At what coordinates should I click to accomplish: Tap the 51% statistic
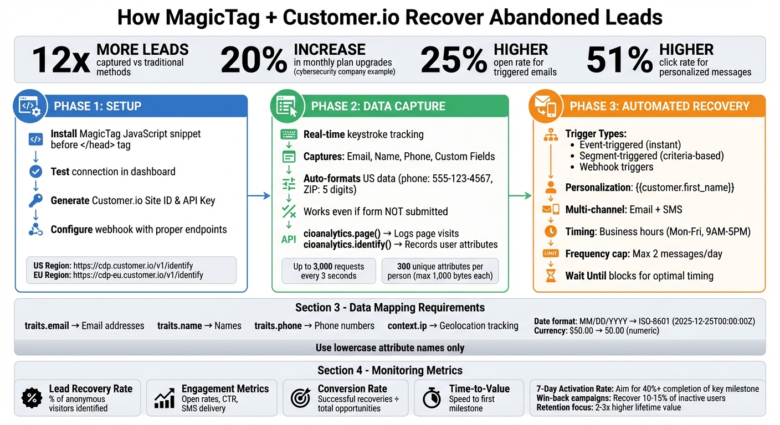619,60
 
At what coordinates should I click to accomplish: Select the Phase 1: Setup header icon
29,106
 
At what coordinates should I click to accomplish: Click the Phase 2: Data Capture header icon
286,106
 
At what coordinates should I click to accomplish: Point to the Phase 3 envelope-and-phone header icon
545,106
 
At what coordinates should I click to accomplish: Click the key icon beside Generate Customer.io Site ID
35,200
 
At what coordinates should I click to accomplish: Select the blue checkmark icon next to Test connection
35,172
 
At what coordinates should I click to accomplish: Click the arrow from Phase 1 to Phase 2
259,195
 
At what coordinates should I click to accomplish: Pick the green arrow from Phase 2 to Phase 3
520,195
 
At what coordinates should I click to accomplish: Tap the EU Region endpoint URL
138,275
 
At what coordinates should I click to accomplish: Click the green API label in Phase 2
289,239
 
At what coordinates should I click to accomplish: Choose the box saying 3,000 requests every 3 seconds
329,271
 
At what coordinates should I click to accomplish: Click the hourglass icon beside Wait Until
551,276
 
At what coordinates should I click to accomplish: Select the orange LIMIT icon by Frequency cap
551,253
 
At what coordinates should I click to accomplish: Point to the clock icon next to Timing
551,231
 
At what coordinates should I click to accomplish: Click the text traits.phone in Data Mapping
278,326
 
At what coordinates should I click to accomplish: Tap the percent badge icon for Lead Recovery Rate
32,397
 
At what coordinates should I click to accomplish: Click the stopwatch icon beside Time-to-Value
432,398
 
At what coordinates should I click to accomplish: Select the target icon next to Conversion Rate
300,398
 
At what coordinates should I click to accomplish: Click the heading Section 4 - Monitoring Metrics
389,370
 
